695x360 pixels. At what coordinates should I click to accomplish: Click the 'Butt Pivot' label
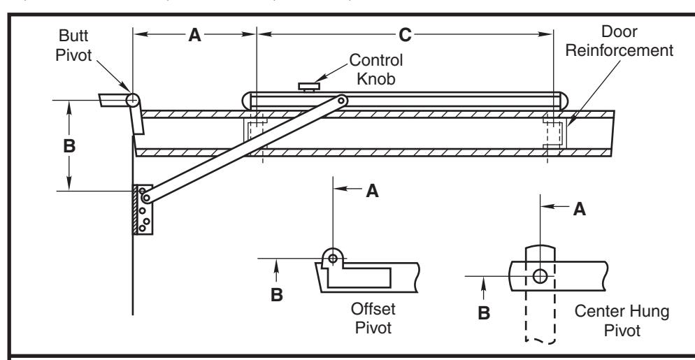[73, 45]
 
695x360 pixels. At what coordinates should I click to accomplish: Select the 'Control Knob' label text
[376, 69]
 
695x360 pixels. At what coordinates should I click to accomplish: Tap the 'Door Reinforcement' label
[619, 41]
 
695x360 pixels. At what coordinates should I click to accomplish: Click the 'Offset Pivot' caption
[373, 318]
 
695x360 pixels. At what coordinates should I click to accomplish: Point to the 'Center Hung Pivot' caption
[622, 321]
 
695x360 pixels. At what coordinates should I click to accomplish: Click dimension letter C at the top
[405, 35]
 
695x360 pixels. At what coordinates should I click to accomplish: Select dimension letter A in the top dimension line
[194, 35]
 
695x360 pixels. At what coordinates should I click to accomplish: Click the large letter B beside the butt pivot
[69, 145]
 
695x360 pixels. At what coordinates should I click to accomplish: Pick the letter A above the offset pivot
[372, 191]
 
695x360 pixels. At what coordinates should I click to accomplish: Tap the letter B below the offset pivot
[277, 295]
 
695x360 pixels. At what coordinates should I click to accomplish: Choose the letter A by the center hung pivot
[580, 209]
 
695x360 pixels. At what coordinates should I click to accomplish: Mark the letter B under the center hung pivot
[484, 313]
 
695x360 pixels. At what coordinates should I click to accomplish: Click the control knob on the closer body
[309, 87]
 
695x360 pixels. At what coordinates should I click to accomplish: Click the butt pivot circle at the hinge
[133, 100]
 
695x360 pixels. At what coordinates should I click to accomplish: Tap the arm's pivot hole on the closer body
[341, 101]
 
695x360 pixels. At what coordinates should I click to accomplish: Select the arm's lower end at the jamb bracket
[146, 198]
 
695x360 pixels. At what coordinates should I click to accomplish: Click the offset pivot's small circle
[333, 257]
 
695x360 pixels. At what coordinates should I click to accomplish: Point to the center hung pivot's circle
[540, 276]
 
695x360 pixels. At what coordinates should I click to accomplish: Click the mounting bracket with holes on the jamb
[143, 210]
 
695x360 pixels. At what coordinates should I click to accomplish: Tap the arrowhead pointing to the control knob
[318, 79]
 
